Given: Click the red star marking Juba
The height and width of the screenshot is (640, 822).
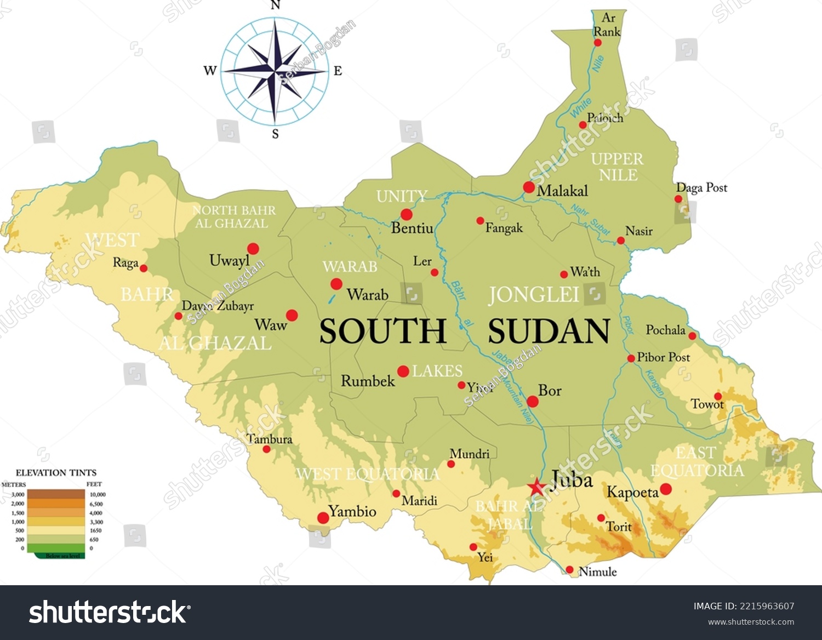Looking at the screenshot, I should click(536, 487).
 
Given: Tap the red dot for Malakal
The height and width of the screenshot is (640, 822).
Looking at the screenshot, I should click(529, 187).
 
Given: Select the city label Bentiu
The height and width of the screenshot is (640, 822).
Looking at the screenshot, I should click(412, 228).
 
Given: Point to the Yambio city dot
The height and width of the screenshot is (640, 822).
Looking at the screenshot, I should click(323, 518).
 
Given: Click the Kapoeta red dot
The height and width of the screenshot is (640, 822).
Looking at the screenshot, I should click(666, 489).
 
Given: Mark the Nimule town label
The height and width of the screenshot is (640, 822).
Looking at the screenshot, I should click(597, 572).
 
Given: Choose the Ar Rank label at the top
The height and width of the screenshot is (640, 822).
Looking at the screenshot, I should click(607, 25).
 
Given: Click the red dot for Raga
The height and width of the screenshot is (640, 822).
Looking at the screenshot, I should click(144, 268).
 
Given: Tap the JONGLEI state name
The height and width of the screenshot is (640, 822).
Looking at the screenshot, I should click(533, 295).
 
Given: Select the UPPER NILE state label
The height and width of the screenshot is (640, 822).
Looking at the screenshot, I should click(618, 167).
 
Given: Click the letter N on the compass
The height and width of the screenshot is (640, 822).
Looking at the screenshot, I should click(275, 5).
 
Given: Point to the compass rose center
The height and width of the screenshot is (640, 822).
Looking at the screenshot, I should click(275, 71).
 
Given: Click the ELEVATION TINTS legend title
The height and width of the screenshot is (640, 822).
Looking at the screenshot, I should click(56, 472).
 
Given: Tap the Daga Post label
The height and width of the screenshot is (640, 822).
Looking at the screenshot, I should click(701, 187).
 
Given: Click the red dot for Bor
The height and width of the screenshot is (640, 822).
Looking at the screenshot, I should click(532, 401).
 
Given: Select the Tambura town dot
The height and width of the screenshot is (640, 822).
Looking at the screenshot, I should click(267, 449).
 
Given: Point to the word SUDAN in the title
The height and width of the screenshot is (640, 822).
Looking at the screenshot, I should click(549, 332).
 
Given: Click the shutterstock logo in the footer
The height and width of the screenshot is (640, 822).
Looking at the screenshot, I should click(110, 612).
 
